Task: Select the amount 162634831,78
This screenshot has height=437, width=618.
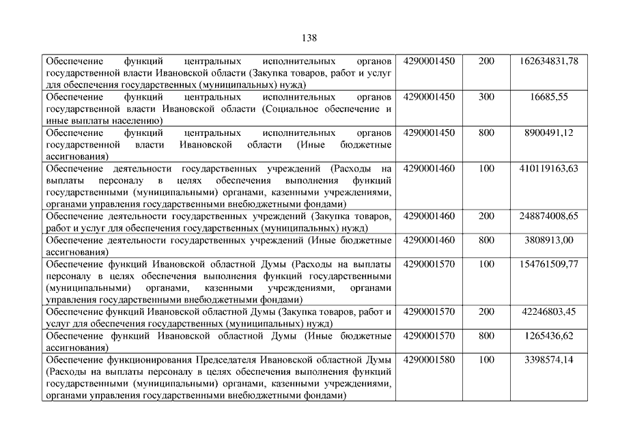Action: click(x=549, y=61)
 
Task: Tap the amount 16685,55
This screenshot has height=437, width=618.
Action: click(x=549, y=97)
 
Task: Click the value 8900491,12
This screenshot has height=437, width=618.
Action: click(x=549, y=132)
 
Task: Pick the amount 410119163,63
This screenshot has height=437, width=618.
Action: click(x=549, y=168)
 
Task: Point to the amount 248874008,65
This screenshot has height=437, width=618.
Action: click(x=549, y=216)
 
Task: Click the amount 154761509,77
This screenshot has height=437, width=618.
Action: click(x=549, y=264)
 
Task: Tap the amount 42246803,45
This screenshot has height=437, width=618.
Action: click(x=549, y=311)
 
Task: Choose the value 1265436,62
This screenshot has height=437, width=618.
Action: click(x=549, y=335)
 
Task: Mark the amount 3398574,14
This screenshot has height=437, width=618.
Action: click(x=549, y=359)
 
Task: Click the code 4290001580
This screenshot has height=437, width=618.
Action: click(x=429, y=359)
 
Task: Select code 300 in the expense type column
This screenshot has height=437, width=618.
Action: click(x=486, y=97)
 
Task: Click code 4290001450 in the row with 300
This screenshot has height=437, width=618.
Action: click(x=429, y=97)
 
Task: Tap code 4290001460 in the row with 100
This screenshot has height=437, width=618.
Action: click(x=429, y=168)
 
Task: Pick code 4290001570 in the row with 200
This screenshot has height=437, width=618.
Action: click(x=429, y=311)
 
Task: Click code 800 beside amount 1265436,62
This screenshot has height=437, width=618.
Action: click(x=486, y=335)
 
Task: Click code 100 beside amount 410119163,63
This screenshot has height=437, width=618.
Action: click(x=486, y=168)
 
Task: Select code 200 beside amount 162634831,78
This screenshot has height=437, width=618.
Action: click(x=486, y=61)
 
